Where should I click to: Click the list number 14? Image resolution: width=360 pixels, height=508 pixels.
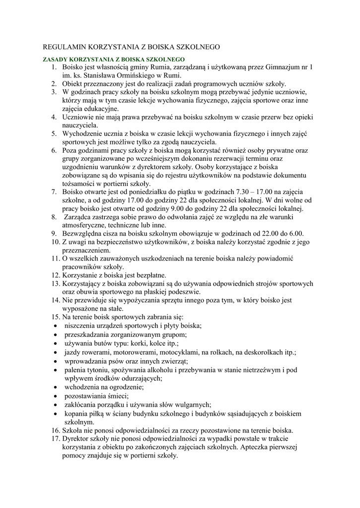tap(55, 300)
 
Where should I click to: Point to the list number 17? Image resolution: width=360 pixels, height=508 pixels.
tap(55, 439)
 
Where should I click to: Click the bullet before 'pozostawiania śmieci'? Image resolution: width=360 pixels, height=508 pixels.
tap(54, 396)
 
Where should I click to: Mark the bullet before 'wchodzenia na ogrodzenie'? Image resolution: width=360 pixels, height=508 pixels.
tap(54, 387)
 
